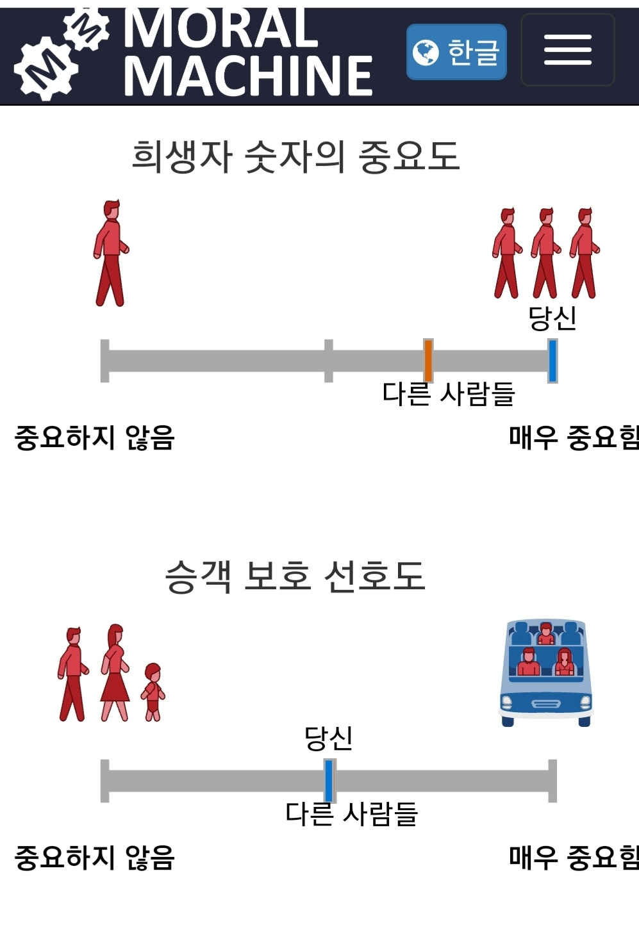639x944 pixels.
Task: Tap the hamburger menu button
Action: [567, 50]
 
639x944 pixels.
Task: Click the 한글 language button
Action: [456, 52]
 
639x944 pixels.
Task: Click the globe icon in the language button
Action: [425, 53]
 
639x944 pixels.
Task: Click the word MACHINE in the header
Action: [248, 76]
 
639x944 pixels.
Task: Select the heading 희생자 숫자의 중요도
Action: [295, 156]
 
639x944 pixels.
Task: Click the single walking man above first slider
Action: [111, 254]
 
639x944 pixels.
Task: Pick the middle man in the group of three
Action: [545, 254]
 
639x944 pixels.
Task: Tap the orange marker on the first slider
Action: [428, 361]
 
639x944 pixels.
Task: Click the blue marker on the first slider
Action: [552, 361]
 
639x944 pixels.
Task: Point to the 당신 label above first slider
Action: [552, 318]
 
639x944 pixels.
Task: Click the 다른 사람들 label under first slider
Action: [449, 394]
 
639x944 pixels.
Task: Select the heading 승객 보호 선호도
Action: [295, 576]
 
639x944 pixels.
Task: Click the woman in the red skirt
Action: [115, 674]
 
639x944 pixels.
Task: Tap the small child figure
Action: [153, 692]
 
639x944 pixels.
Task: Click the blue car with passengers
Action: [545, 672]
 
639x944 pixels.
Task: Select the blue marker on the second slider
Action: [329, 780]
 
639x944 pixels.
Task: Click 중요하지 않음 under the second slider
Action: [94, 858]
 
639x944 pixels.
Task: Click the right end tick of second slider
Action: [552, 780]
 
